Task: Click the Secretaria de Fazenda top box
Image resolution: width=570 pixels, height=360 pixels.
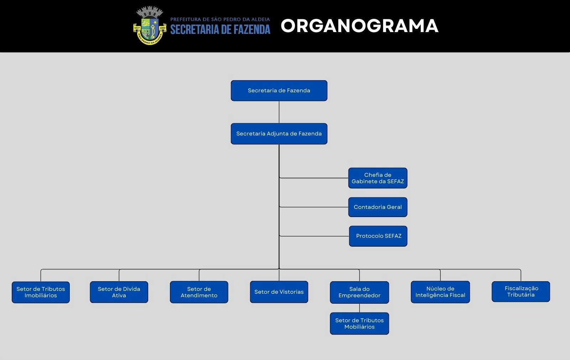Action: click(279, 91)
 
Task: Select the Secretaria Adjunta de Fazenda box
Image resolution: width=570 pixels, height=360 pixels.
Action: click(279, 134)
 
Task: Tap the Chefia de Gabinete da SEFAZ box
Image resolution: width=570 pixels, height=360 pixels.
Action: click(378, 178)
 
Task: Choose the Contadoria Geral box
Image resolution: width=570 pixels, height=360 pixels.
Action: click(378, 207)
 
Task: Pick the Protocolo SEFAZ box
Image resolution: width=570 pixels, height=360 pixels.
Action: click(378, 236)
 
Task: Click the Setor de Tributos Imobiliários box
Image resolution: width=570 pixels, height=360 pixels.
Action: click(41, 292)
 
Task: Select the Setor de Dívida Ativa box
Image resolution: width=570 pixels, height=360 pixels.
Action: click(119, 292)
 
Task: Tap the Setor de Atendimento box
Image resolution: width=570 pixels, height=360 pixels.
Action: click(199, 292)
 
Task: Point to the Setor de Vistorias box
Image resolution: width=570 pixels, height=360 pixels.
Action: click(279, 292)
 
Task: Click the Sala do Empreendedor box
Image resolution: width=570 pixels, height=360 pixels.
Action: click(359, 292)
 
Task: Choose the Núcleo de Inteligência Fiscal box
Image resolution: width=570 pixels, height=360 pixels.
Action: click(440, 292)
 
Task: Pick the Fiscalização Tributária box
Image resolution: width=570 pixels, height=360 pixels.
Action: click(521, 292)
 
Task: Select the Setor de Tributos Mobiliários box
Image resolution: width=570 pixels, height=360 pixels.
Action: click(359, 324)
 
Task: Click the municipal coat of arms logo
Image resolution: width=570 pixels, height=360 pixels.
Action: click(150, 26)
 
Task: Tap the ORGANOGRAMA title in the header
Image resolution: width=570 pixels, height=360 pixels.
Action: click(359, 26)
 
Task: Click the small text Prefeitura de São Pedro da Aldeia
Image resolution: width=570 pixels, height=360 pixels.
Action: click(220, 19)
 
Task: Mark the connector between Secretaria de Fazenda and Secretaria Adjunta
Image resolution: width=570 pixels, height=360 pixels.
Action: click(279, 112)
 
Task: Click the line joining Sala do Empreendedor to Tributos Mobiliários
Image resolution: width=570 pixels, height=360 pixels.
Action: click(359, 308)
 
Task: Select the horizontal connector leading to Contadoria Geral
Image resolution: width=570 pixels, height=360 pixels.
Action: click(313, 207)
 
